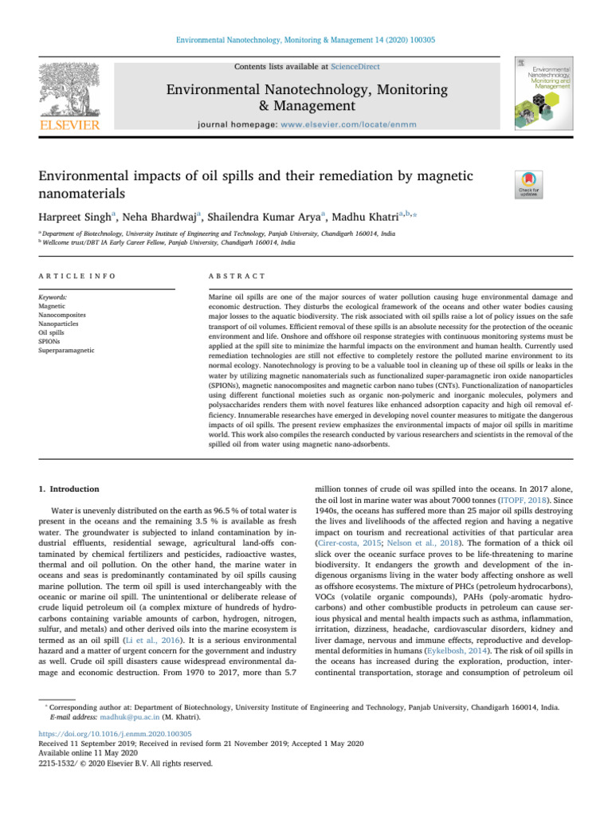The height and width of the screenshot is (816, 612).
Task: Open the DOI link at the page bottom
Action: (128, 733)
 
